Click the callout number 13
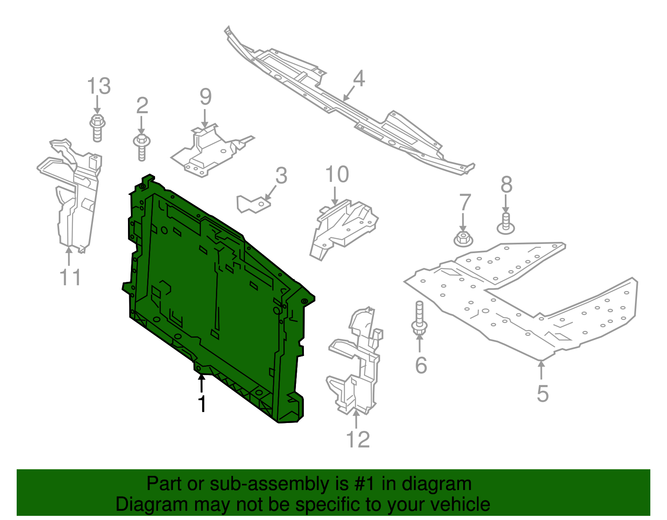click(99, 86)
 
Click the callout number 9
click(206, 97)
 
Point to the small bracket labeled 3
click(252, 204)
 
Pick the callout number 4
click(359, 79)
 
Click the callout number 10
click(337, 174)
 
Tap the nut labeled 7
click(463, 239)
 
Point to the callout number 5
click(542, 393)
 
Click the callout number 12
click(358, 440)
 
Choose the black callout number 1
click(202, 404)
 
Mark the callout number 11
click(70, 278)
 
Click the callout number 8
click(506, 184)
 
